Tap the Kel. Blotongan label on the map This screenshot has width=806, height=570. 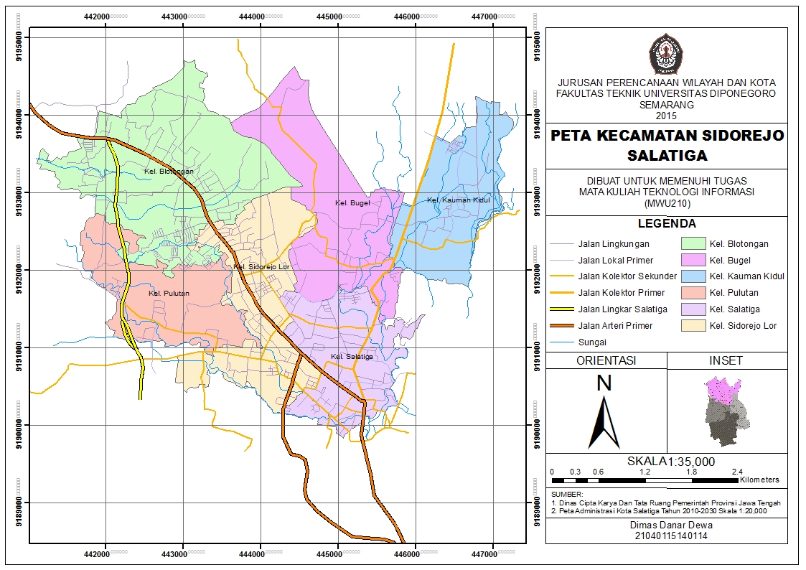(169, 172)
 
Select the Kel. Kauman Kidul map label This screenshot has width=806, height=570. (458, 200)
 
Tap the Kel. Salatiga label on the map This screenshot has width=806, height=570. (352, 357)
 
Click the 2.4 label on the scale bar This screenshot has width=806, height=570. (737, 472)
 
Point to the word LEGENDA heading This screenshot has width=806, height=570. (667, 224)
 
